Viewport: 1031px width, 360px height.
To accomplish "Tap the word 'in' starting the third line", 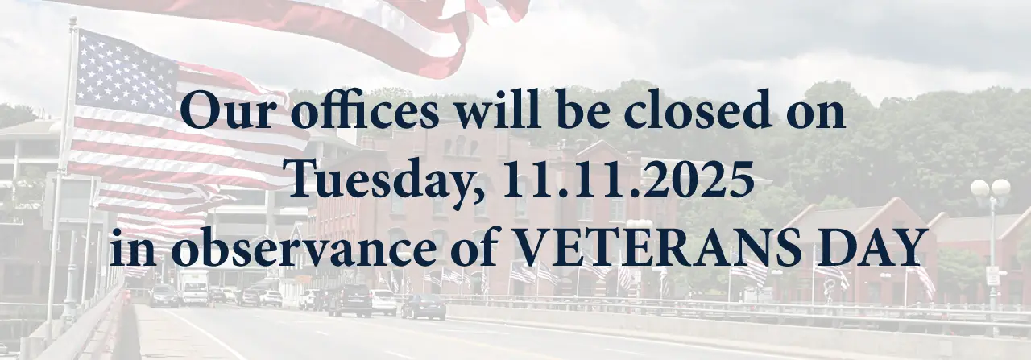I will pyautogui.click(x=129, y=247).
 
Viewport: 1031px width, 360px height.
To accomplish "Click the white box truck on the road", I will pyautogui.click(x=193, y=288).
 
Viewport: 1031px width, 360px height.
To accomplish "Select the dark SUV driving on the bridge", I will pyautogui.click(x=350, y=300).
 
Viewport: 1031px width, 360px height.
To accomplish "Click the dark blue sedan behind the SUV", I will pyautogui.click(x=424, y=305).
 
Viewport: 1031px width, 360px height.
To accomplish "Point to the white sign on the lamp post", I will pyautogui.click(x=992, y=275).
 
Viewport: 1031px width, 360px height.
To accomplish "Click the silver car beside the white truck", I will pyautogui.click(x=164, y=296).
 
